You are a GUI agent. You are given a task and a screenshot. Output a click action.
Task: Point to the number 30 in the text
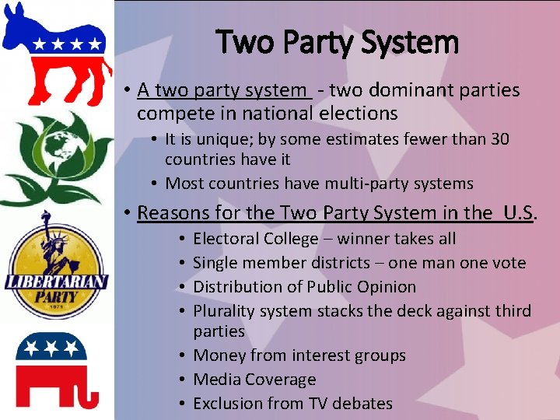[500, 139]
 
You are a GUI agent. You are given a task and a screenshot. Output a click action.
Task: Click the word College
[289, 239]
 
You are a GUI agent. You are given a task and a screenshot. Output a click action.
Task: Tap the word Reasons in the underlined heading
[170, 212]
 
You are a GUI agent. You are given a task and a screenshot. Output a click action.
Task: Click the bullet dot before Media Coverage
[180, 380]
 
